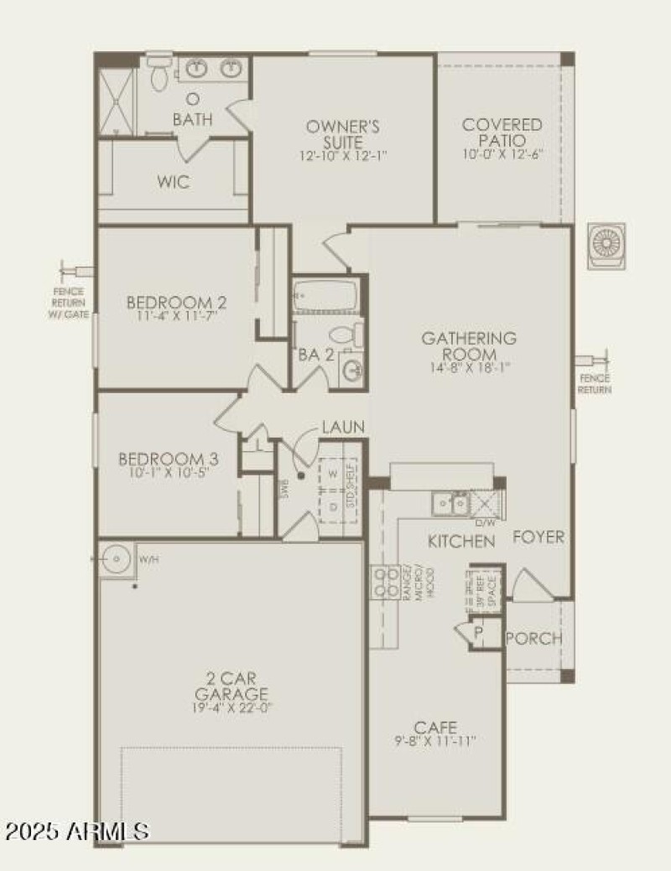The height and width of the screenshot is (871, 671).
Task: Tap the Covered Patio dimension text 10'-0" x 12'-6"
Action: pos(502,155)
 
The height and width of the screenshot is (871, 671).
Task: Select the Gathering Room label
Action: pos(469,345)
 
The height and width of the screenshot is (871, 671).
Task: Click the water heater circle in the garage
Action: pos(114,557)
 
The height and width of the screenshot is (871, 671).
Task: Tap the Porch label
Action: pos(534,639)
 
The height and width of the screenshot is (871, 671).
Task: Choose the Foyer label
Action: pos(538,537)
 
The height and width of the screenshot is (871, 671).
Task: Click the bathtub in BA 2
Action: pos(325,296)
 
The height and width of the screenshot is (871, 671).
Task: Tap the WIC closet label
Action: pos(174,182)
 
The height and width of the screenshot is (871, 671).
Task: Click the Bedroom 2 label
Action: pos(177,302)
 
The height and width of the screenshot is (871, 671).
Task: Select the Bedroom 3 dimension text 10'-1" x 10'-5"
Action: pos(169,473)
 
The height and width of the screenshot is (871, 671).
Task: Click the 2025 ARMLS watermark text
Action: pos(77,832)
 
